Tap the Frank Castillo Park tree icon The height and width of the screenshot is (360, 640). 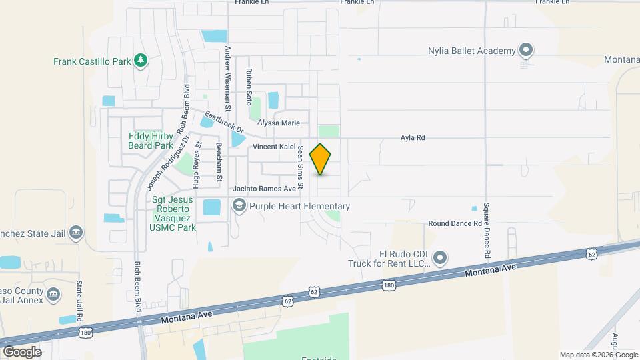point(140,61)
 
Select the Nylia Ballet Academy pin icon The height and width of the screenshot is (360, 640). point(526,50)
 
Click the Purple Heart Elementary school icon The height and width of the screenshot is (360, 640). point(238,207)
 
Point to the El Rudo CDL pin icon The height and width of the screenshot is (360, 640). point(439,257)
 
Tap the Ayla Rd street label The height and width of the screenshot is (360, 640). point(412,138)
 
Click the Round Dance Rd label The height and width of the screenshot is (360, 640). point(454,223)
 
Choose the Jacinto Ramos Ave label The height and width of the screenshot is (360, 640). point(264,189)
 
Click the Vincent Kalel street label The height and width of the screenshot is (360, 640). point(273,147)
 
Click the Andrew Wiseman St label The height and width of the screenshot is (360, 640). point(227,78)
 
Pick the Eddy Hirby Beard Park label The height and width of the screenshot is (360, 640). point(151,141)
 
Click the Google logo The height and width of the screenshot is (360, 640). point(21,351)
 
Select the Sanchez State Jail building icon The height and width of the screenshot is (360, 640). point(76,232)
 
